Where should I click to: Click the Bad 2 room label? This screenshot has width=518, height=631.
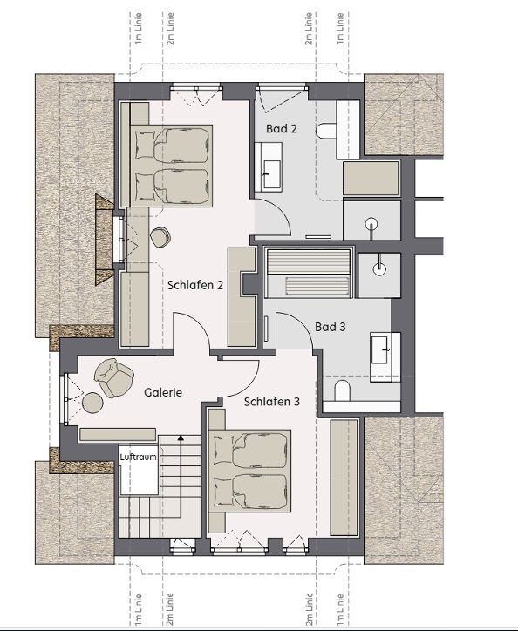coord(281,129)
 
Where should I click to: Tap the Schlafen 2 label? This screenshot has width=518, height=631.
coord(195,285)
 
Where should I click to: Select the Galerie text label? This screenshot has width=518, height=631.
coord(163,392)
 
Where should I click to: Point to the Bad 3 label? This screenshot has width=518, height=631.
coord(330,327)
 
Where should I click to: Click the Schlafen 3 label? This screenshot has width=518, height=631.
coord(272,402)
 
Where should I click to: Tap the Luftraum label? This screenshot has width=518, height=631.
coord(138,458)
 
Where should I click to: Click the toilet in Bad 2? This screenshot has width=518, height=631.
coord(326,132)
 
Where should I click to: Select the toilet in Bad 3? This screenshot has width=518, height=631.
coord(343,390)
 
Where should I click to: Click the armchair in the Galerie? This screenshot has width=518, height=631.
coord(113,377)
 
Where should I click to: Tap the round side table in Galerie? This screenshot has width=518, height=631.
coord(92,403)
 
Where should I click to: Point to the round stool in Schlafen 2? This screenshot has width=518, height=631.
coord(160,237)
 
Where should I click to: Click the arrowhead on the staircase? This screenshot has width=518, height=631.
coord(181,438)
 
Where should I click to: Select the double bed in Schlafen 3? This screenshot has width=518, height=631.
coord(249,471)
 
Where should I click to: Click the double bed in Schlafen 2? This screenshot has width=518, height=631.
coord(171,166)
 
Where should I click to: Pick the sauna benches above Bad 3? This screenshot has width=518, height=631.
coord(309,274)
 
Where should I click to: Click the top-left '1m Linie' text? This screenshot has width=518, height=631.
coord(139,28)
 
